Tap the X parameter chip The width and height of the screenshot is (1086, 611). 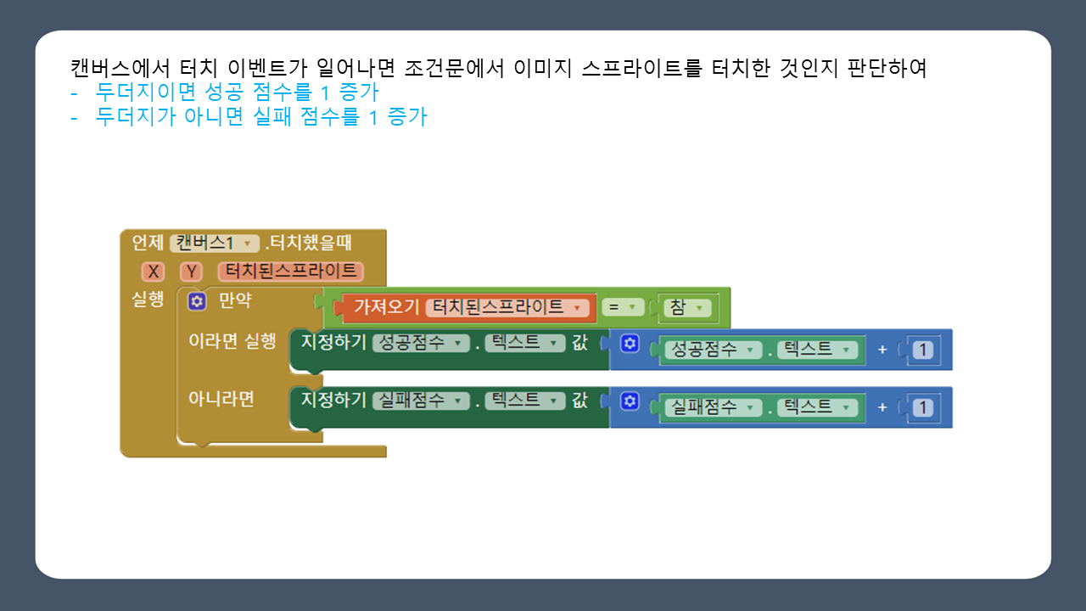click(x=153, y=272)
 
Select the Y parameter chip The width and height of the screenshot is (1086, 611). click(x=192, y=272)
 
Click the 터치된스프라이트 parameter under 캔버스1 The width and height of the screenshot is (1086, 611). click(x=290, y=272)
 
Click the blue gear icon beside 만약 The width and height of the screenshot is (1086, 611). click(x=197, y=301)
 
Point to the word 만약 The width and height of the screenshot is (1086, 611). click(x=235, y=301)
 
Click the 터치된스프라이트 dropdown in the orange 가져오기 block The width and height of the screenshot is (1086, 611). click(x=507, y=307)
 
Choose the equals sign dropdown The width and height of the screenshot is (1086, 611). click(x=623, y=307)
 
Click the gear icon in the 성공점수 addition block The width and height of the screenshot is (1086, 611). click(x=630, y=344)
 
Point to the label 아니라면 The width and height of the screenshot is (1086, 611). click(x=221, y=399)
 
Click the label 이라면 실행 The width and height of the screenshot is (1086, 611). click(x=232, y=341)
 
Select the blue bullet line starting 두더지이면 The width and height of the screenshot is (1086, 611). click(x=237, y=92)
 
